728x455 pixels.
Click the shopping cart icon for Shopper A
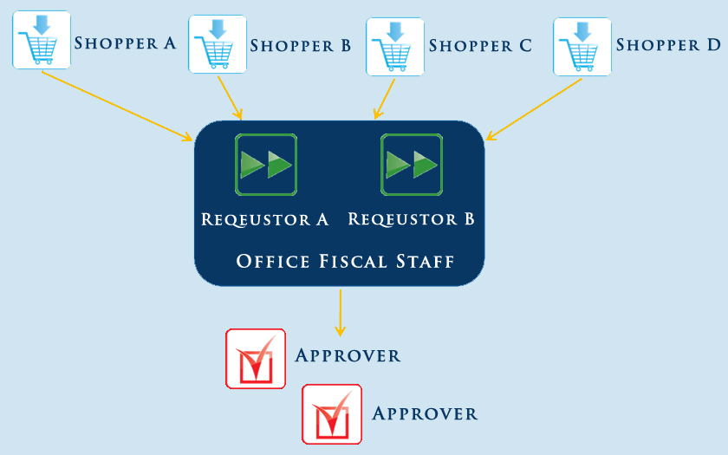pyautogui.click(x=41, y=40)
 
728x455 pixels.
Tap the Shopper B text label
pyautogui.click(x=300, y=46)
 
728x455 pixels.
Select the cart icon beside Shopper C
pyautogui.click(x=395, y=45)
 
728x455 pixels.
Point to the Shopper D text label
pyautogui.click(x=667, y=44)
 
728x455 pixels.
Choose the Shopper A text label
pyautogui.click(x=125, y=42)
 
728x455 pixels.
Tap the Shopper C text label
pyautogui.click(x=479, y=46)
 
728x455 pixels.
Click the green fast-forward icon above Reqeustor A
pyautogui.click(x=266, y=164)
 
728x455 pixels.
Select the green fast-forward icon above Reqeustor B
pyautogui.click(x=411, y=164)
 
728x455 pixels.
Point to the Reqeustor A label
pyautogui.click(x=265, y=219)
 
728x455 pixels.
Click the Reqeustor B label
pyautogui.click(x=411, y=219)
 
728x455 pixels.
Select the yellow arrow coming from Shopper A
pyautogui.click(x=116, y=105)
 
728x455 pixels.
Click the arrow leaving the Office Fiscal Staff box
pyautogui.click(x=340, y=312)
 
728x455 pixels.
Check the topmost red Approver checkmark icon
pyautogui.click(x=256, y=359)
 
